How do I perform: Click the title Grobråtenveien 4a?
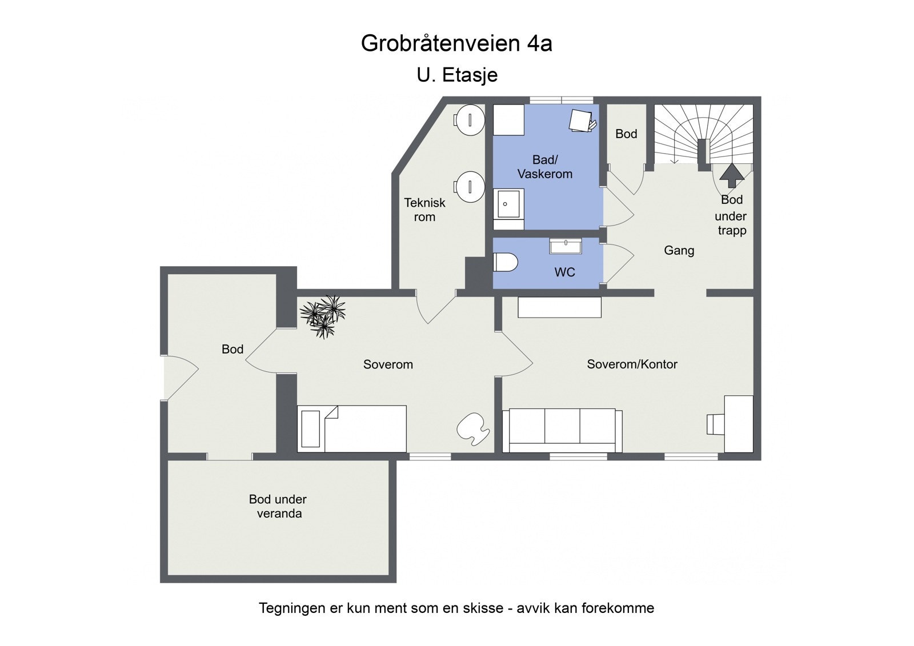[456, 43]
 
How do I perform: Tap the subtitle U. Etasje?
[457, 75]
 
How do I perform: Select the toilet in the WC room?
[505, 263]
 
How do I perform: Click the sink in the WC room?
[566, 246]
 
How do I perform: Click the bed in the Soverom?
[352, 428]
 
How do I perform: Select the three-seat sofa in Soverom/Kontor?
[562, 430]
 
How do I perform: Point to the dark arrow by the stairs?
[732, 175]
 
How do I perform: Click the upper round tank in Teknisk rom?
[470, 120]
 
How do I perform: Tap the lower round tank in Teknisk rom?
[470, 187]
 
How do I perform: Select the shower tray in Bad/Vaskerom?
[509, 204]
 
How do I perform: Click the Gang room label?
[679, 250]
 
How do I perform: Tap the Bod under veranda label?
[278, 506]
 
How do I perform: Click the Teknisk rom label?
[424, 210]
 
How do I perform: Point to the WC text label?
[564, 272]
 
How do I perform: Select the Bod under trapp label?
[731, 215]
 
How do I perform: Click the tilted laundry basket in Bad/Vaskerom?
[582, 121]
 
